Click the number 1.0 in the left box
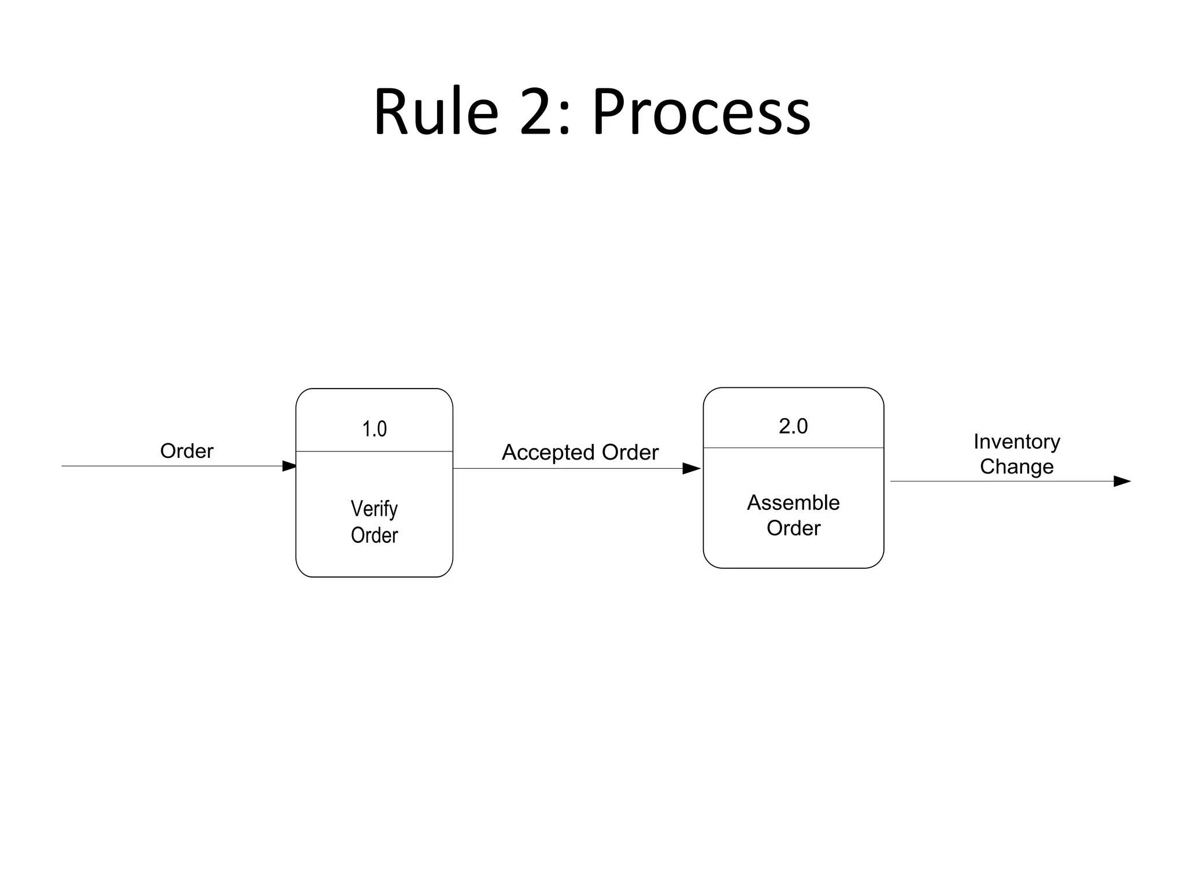click(x=374, y=429)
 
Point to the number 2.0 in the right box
click(x=793, y=426)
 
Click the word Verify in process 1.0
click(x=374, y=509)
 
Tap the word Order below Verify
click(x=374, y=535)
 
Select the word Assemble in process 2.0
click(x=793, y=502)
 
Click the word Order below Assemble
click(x=793, y=528)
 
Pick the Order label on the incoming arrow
click(x=186, y=451)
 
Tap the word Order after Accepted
click(x=630, y=453)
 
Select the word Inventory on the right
click(x=1016, y=442)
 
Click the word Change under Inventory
click(x=1016, y=467)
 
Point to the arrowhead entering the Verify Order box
click(x=289, y=466)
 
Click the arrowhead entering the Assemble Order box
click(x=691, y=468)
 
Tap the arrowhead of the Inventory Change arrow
click(x=1122, y=481)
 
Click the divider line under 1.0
click(x=374, y=451)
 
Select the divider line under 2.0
click(x=793, y=447)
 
